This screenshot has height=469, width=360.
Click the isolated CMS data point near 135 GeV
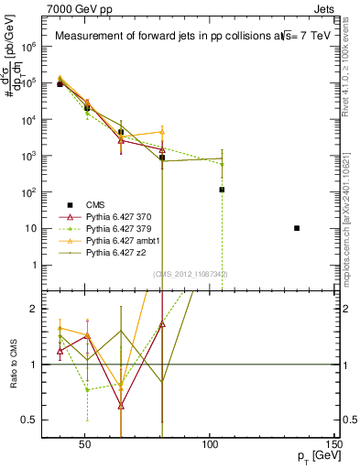pos(297,228)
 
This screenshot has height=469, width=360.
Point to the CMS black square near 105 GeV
pos(222,190)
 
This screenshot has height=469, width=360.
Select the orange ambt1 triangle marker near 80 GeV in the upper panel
pos(162,132)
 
